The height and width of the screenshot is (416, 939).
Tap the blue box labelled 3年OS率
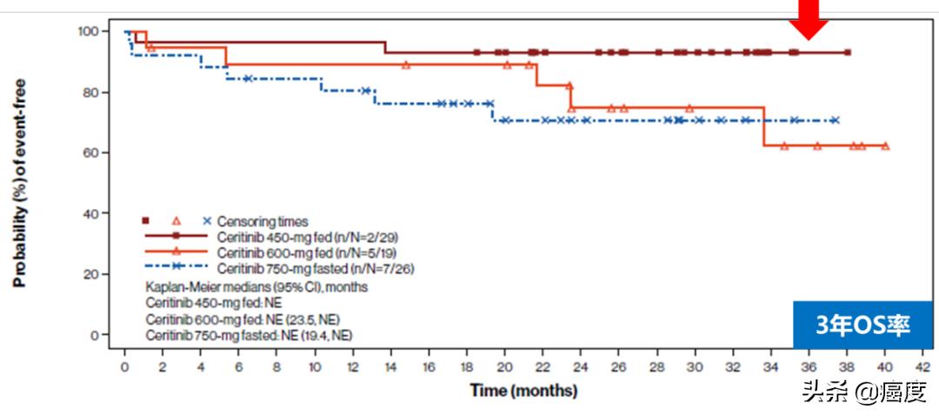tap(862, 325)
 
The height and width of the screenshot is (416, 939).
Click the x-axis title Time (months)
tap(523, 390)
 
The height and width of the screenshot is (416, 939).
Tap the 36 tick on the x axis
tap(809, 366)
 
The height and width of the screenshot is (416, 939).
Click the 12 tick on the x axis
tap(353, 366)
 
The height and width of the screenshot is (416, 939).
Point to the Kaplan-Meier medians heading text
tap(256, 286)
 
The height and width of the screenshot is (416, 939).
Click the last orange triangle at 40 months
tap(885, 145)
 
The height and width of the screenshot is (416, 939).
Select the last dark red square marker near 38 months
tap(848, 52)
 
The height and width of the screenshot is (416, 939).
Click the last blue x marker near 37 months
tap(836, 120)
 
